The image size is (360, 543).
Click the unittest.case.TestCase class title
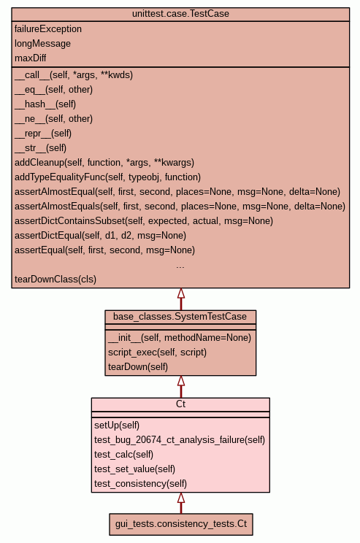pyautogui.click(x=180, y=14)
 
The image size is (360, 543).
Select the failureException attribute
pyautogui.click(x=48, y=29)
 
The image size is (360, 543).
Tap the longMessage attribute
pyautogui.click(x=42, y=44)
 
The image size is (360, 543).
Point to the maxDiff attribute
pyautogui.click(x=30, y=58)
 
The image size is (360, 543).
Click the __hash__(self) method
pyautogui.click(x=45, y=104)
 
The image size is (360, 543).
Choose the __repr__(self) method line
pyautogui.click(x=43, y=134)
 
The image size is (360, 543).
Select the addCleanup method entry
pyautogui.click(x=104, y=163)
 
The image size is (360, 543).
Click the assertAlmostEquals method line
pyautogui.click(x=180, y=207)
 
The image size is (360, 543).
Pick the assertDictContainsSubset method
pyautogui.click(x=144, y=221)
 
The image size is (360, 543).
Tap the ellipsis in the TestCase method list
pyautogui.click(x=180, y=266)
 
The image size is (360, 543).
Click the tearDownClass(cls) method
pyautogui.click(x=55, y=279)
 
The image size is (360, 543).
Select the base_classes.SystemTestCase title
pyautogui.click(x=180, y=317)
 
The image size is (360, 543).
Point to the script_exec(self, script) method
pyautogui.click(x=157, y=353)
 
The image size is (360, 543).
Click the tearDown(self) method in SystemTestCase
pyautogui.click(x=138, y=366)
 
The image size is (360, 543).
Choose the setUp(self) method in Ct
pyautogui.click(x=117, y=425)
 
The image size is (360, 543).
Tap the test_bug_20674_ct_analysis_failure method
pyautogui.click(x=180, y=440)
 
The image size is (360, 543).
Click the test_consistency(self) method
pyautogui.click(x=140, y=483)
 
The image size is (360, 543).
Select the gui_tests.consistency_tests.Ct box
pyautogui.click(x=181, y=524)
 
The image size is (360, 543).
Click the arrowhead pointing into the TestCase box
pyautogui.click(x=181, y=293)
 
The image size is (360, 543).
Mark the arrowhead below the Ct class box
pyautogui.click(x=181, y=498)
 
